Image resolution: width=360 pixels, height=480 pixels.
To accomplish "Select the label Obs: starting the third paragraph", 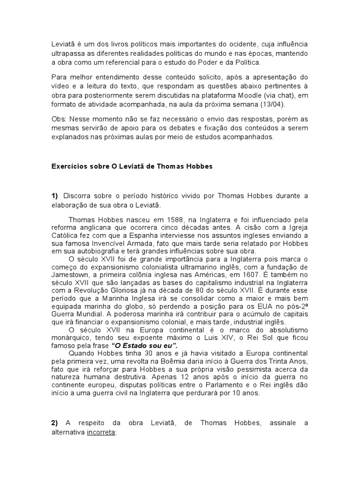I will coord(60,120).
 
